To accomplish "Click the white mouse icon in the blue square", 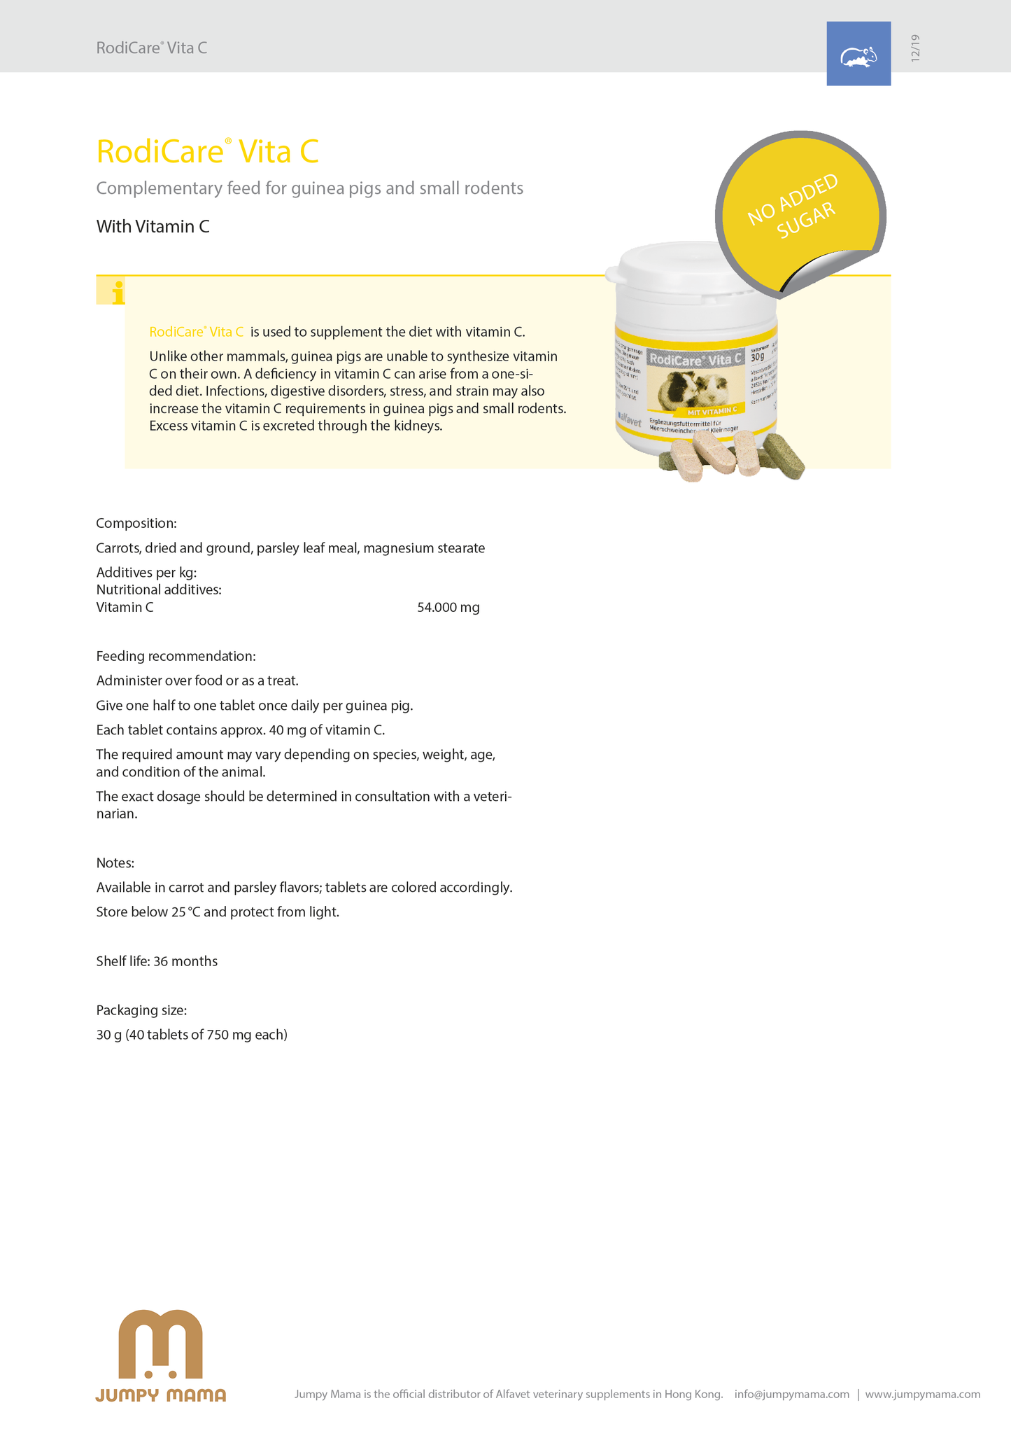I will (858, 57).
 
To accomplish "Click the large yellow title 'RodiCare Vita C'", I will (208, 152).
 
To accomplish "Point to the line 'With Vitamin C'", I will (153, 227).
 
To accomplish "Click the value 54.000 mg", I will (448, 608).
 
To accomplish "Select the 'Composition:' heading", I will (136, 524).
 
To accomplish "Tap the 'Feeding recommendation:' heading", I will (176, 657).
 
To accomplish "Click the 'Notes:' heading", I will (115, 863).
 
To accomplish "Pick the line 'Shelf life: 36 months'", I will (157, 961).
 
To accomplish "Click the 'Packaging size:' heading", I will (141, 1010).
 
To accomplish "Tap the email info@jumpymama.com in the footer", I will (791, 1394).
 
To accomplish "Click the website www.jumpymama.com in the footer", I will (922, 1394).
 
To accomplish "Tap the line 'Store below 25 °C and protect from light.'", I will (218, 912).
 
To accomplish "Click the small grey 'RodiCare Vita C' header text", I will (152, 48).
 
